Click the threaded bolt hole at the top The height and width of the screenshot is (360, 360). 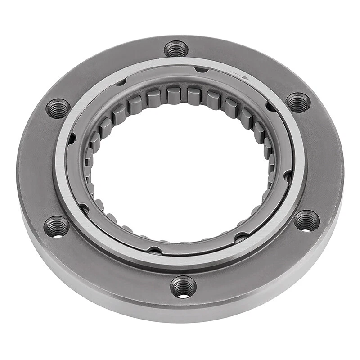click(176, 49)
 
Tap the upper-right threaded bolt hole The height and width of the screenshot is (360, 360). click(298, 103)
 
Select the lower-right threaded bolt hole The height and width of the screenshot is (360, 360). click(306, 221)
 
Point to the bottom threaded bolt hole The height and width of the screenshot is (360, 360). click(184, 287)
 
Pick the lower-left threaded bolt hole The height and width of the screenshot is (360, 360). click(57, 226)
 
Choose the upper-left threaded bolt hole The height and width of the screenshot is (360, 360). click(58, 108)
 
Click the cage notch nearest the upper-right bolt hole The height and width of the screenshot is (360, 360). click(270, 107)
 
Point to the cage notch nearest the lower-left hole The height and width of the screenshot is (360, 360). click(83, 207)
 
